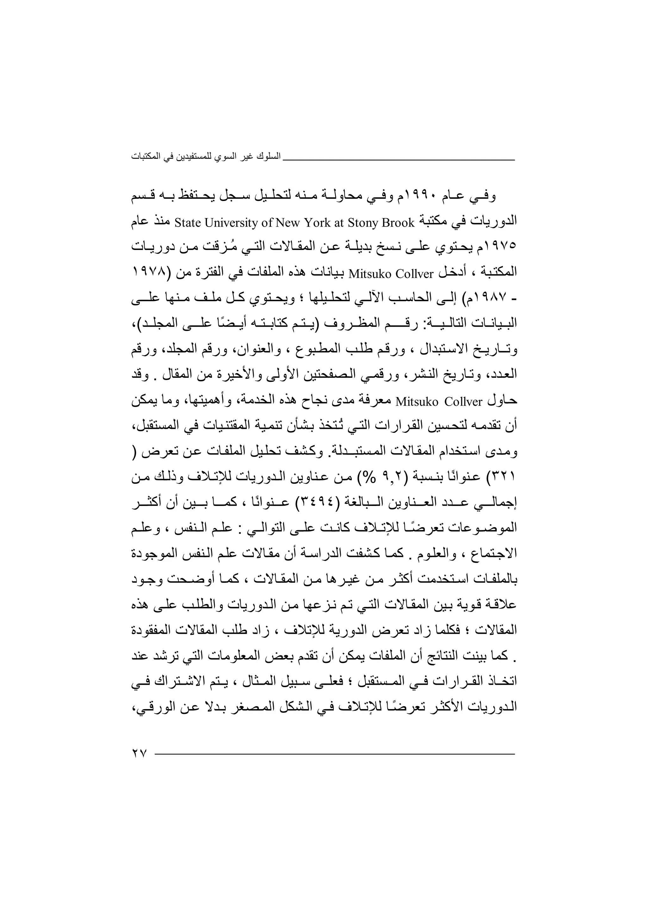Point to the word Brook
tap(398, 223)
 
